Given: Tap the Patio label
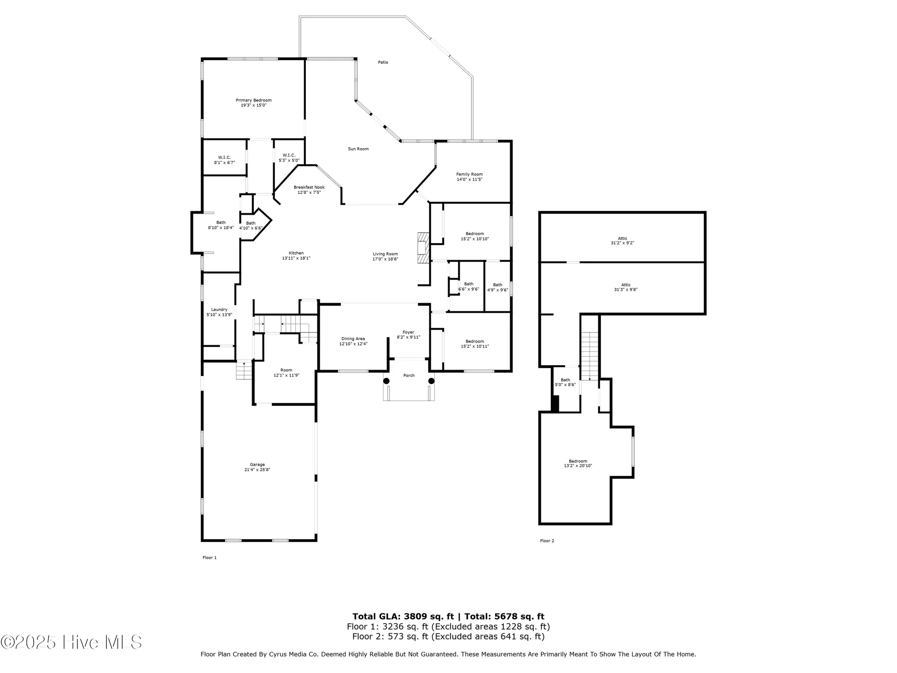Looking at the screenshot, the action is point(383,62).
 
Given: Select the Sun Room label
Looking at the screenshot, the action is point(358,149).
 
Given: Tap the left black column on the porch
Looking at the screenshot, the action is point(386,381).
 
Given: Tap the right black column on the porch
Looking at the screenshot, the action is point(431,381).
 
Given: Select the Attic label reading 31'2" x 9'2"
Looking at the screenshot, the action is point(623,240).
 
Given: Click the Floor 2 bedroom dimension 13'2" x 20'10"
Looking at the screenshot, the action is point(578,466).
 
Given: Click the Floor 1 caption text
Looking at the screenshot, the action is point(209,558).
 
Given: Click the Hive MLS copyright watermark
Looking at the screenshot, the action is point(72,642).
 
